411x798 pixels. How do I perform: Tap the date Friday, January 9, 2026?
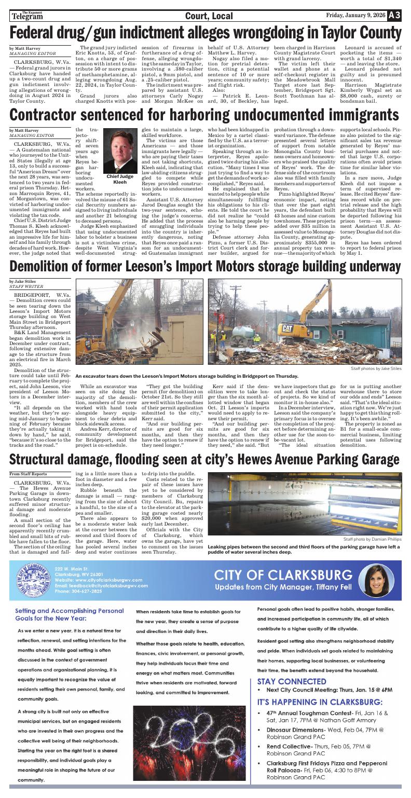click(x=356, y=16)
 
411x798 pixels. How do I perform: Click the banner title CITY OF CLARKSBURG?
click(x=283, y=574)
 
